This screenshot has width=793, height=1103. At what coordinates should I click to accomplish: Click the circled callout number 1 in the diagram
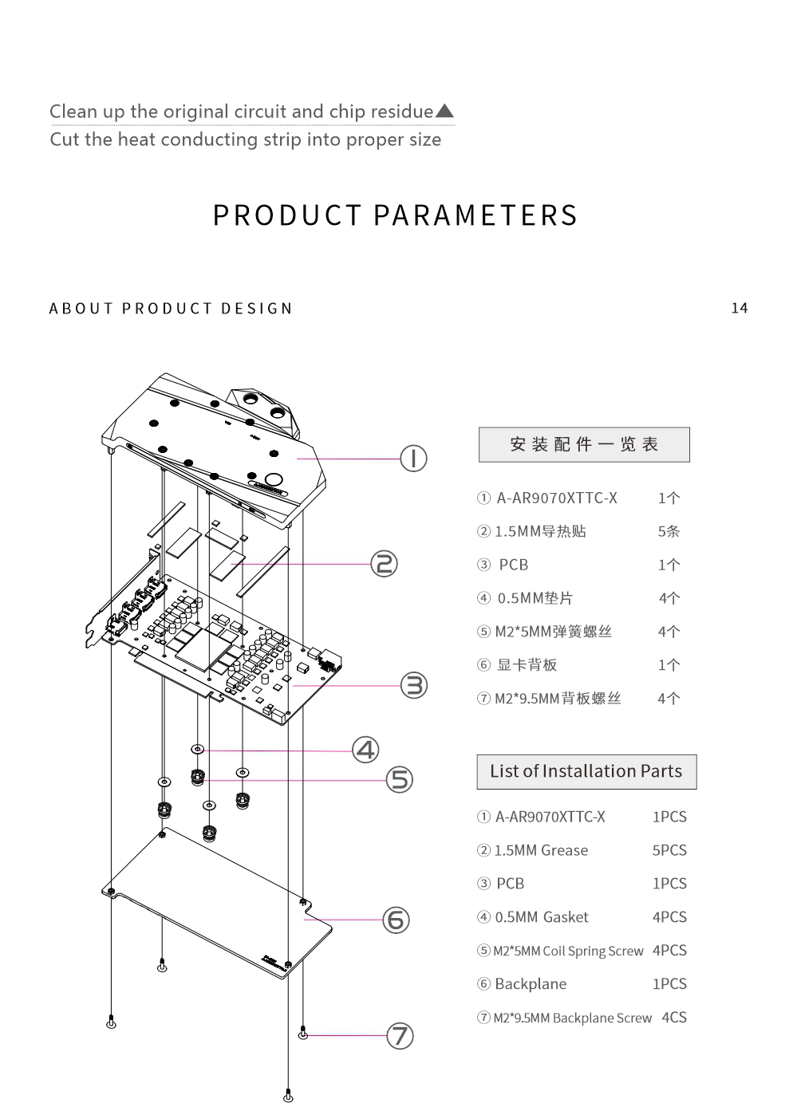413,459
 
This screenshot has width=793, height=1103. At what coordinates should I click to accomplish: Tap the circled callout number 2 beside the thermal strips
384,564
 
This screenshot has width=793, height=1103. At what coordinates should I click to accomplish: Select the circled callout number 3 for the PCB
413,685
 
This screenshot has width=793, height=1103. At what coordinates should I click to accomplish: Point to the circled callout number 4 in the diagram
365,750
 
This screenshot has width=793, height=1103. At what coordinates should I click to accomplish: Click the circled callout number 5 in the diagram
400,779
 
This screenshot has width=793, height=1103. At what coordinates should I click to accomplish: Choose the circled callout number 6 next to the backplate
396,920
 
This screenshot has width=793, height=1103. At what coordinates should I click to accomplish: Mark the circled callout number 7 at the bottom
400,1036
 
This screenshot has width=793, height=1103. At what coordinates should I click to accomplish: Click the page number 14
740,308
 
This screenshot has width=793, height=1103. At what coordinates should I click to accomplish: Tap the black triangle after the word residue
445,111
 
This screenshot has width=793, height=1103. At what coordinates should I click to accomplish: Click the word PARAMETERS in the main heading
475,215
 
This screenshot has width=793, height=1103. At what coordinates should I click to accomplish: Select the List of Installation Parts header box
586,771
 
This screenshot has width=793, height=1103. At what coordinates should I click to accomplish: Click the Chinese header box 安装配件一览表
584,444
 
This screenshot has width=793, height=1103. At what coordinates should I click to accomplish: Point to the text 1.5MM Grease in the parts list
541,850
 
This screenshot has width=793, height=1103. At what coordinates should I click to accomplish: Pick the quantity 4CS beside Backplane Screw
673,1017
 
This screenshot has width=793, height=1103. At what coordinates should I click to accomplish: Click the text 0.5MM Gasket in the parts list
542,917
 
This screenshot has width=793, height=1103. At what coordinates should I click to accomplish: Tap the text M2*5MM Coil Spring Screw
568,951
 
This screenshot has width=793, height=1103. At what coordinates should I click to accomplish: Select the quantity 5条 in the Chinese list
669,531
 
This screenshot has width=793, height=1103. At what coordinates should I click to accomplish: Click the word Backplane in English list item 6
531,984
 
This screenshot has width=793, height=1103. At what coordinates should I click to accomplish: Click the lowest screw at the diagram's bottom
288,1097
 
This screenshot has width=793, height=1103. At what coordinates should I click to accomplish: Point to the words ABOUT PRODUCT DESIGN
171,309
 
